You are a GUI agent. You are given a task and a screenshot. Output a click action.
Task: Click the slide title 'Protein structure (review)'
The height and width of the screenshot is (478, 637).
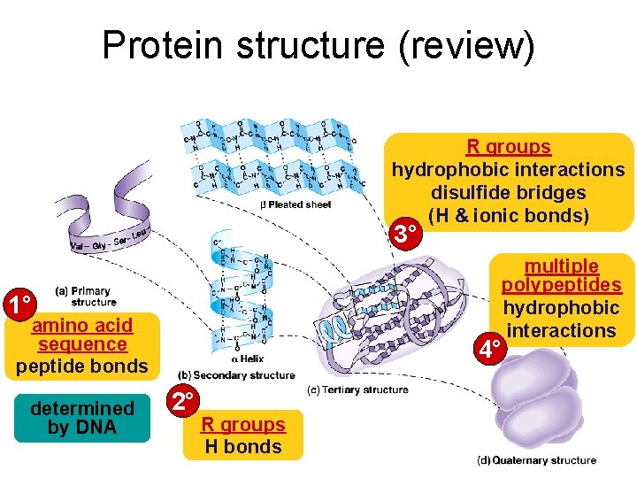pyautogui.click(x=318, y=46)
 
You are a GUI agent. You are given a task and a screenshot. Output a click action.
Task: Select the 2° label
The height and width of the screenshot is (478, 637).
pyautogui.click(x=184, y=402)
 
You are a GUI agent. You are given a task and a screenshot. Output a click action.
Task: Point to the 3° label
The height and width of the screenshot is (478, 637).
pyautogui.click(x=405, y=235)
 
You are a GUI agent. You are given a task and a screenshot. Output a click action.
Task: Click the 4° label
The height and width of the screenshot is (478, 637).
pyautogui.click(x=490, y=350)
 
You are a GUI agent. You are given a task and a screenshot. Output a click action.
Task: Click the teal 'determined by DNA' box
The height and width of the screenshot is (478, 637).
pyautogui.click(x=81, y=418)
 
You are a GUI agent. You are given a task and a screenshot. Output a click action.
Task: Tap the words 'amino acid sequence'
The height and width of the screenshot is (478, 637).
pyautogui.click(x=82, y=335)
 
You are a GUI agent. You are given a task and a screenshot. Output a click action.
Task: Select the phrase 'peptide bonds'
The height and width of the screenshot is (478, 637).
pyautogui.click(x=82, y=366)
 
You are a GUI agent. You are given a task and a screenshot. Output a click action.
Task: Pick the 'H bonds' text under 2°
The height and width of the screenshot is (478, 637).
pyautogui.click(x=242, y=446)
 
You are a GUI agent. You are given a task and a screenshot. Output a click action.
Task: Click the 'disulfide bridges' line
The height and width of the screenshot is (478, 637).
pyautogui.click(x=508, y=192)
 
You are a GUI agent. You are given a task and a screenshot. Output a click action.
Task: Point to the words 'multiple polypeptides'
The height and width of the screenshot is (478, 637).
pyautogui.click(x=561, y=275)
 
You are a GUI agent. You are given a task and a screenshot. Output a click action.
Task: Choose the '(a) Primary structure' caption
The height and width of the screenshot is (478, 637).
pyautogui.click(x=86, y=296)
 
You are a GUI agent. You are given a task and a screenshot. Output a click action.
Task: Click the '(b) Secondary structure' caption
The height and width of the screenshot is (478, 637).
pyautogui.click(x=236, y=375)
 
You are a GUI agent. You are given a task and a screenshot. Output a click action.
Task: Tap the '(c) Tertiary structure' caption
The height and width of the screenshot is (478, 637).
pyautogui.click(x=357, y=389)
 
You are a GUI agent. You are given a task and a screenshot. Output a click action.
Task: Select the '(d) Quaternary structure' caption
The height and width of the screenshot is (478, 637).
pyautogui.click(x=537, y=460)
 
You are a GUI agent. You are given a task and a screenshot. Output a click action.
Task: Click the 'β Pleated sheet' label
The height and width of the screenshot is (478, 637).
pyautogui.click(x=295, y=204)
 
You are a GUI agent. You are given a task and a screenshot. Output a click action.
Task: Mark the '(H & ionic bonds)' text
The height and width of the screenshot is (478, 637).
pyautogui.click(x=508, y=215)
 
